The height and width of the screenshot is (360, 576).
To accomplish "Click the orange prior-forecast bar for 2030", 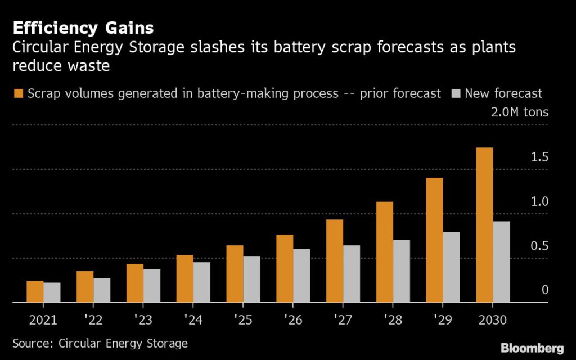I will pyautogui.click(x=484, y=225).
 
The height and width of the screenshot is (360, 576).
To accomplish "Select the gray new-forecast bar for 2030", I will pyautogui.click(x=501, y=262).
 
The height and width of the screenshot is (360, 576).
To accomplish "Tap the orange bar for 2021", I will pyautogui.click(x=35, y=291).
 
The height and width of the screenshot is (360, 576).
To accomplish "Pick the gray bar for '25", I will pyautogui.click(x=251, y=279).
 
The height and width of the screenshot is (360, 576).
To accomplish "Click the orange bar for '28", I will pyautogui.click(x=384, y=252).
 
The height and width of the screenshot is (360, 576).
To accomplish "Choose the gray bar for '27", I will pyautogui.click(x=352, y=274).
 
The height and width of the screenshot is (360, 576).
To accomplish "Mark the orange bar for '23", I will pyautogui.click(x=134, y=283).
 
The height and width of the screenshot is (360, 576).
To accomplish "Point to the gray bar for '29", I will pyautogui.click(x=451, y=267).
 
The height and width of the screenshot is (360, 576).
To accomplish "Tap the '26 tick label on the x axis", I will pyautogui.click(x=292, y=319).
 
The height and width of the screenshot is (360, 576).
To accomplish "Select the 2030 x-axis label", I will pyautogui.click(x=492, y=319).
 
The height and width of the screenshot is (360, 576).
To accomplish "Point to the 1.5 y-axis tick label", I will pyautogui.click(x=539, y=157).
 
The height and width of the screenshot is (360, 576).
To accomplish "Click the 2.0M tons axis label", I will pyautogui.click(x=519, y=112).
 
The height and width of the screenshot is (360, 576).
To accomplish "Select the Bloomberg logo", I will pyautogui.click(x=532, y=346).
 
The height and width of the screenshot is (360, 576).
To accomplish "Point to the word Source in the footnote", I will pyautogui.click(x=30, y=343).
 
